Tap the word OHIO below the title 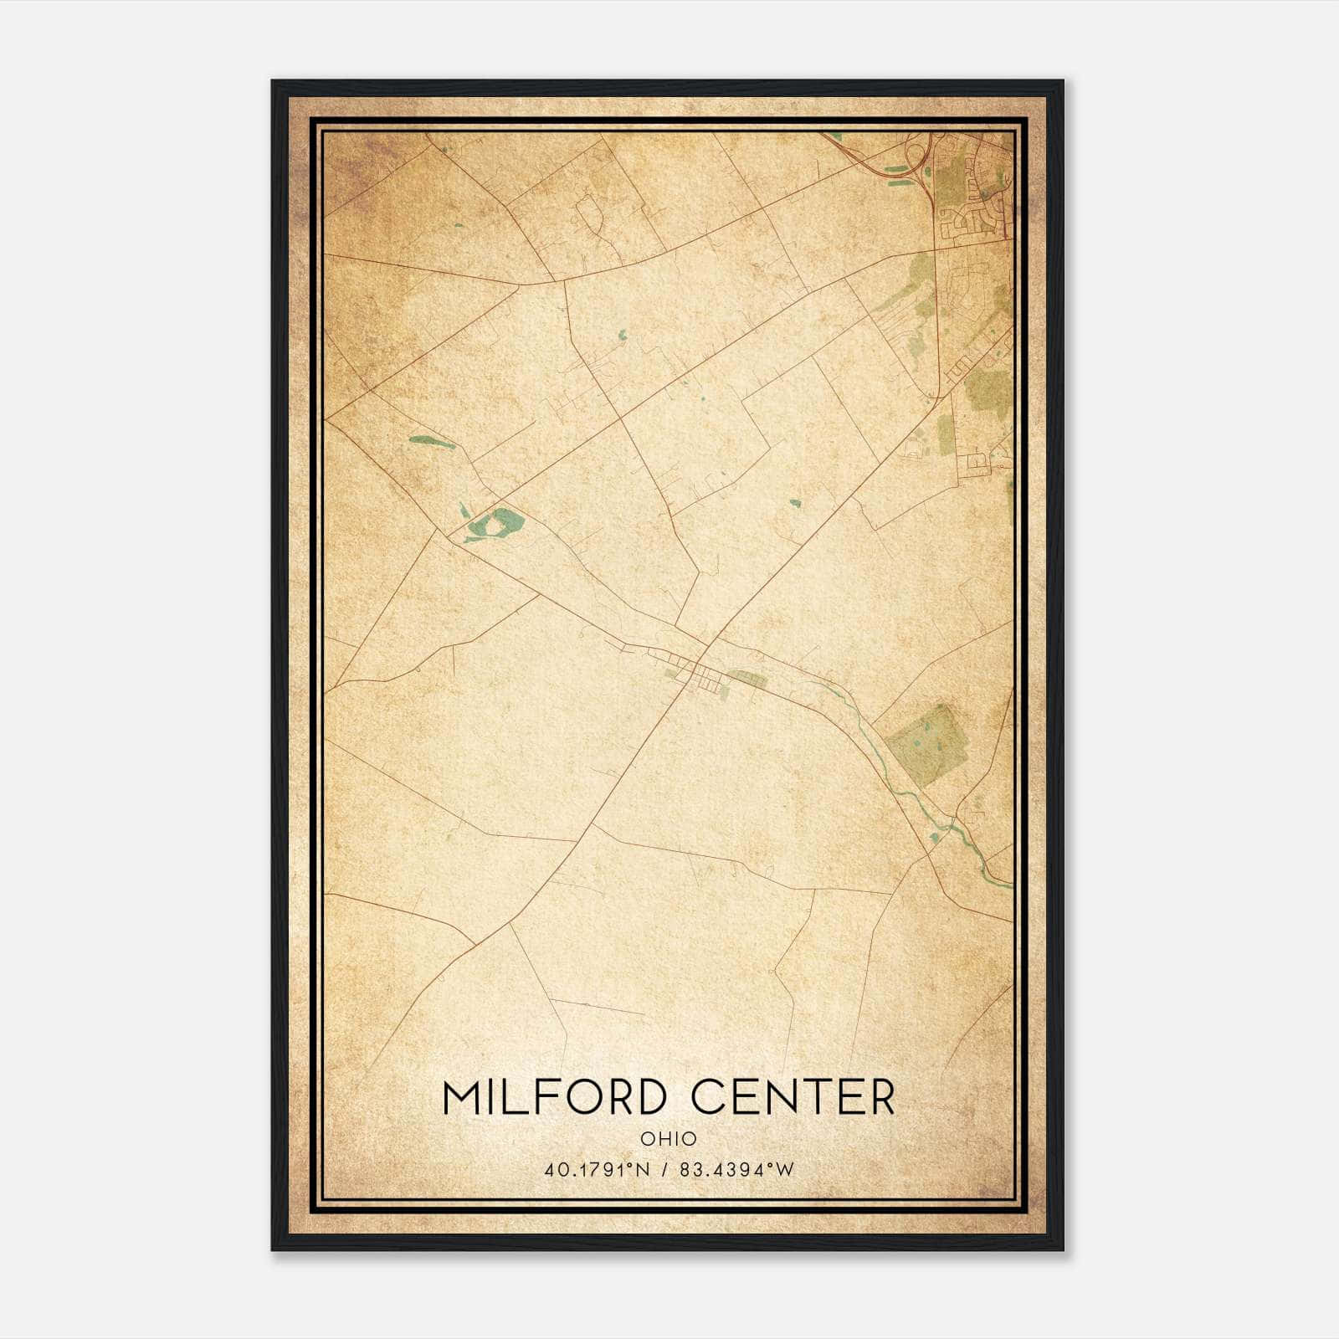(x=668, y=1138)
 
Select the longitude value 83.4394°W (x=736, y=1170)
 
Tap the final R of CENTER (x=880, y=1097)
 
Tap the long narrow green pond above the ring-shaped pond (x=432, y=441)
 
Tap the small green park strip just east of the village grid (x=747, y=679)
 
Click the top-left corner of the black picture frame (x=273, y=81)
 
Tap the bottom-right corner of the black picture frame (x=1062, y=1249)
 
